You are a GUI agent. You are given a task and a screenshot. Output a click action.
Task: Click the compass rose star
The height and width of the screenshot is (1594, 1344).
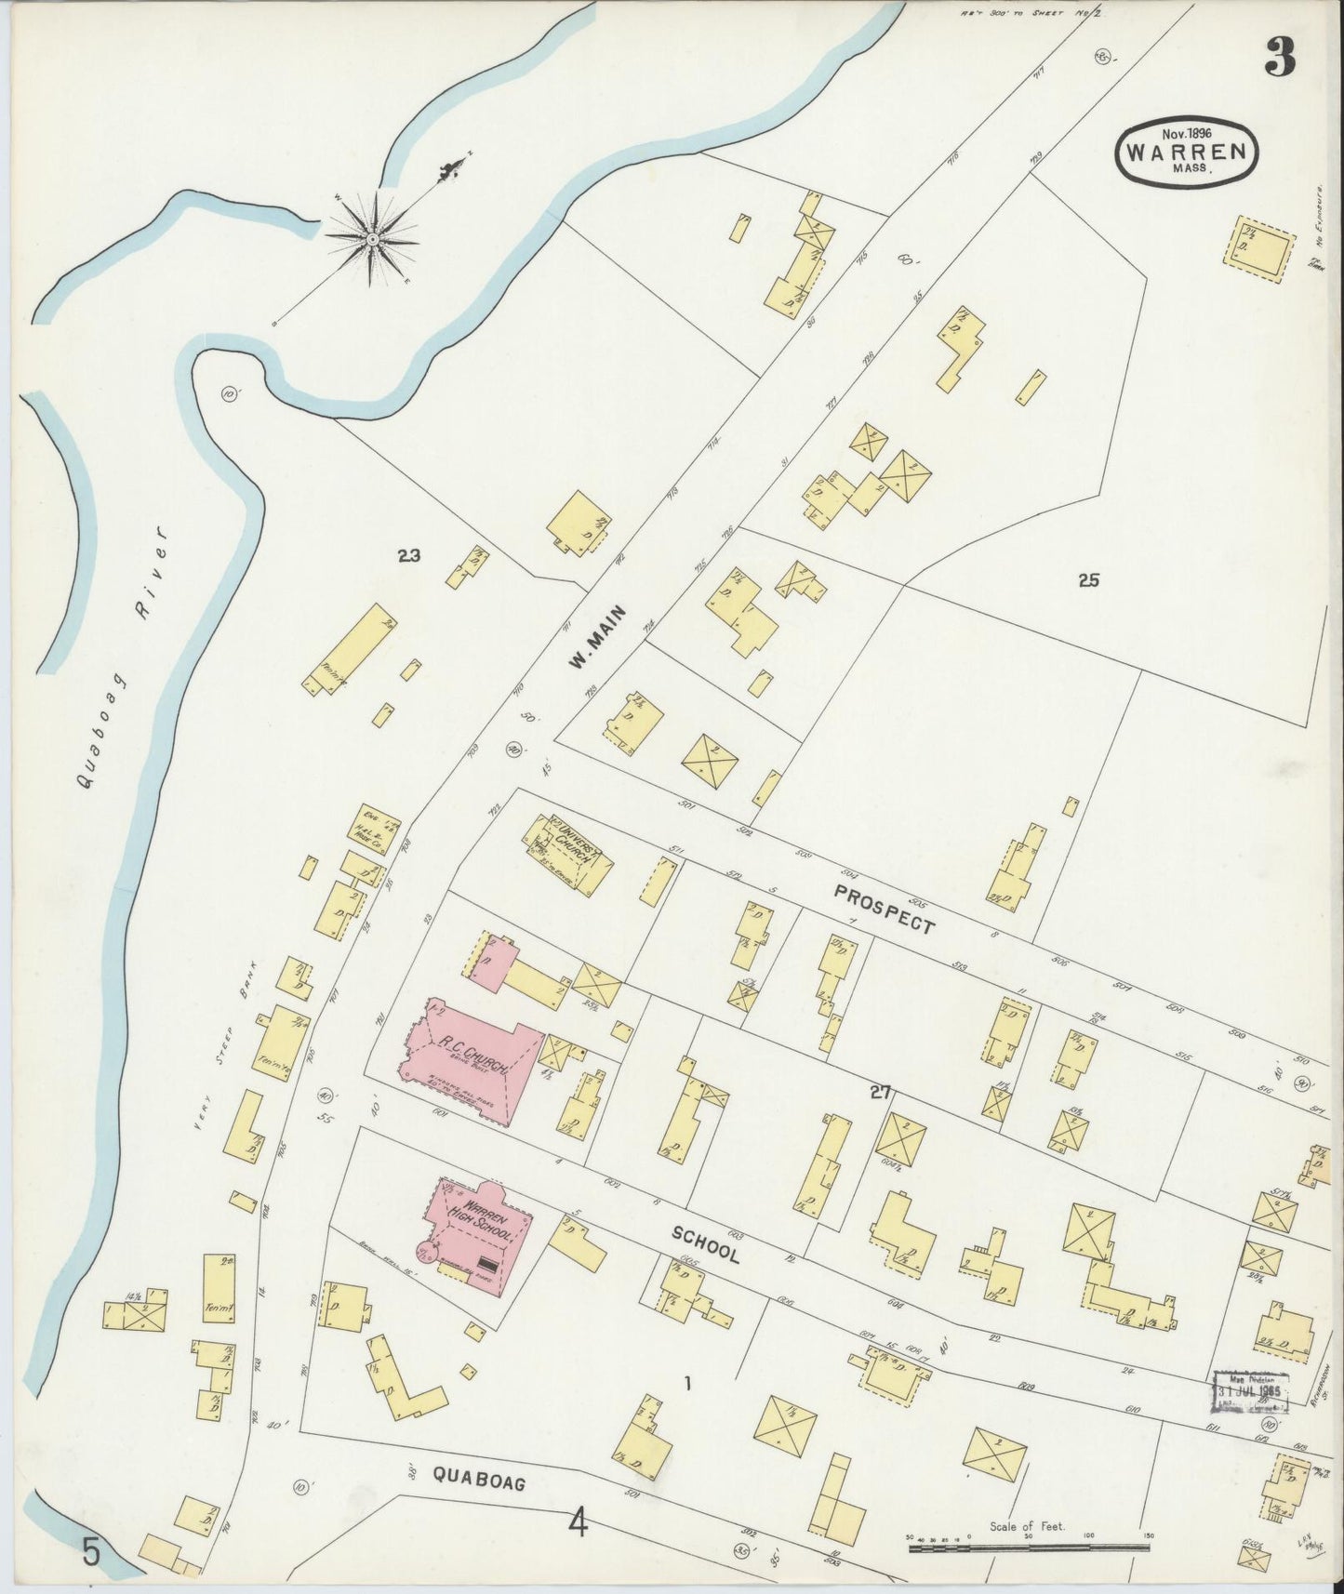372,239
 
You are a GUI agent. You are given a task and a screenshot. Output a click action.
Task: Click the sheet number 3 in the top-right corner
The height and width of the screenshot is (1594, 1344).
1280,60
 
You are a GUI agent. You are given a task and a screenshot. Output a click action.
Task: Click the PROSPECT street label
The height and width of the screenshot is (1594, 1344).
884,909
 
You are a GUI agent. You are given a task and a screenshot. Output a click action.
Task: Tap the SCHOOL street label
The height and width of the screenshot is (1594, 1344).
706,1242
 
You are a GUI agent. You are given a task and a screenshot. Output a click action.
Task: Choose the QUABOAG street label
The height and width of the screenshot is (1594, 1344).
479,1477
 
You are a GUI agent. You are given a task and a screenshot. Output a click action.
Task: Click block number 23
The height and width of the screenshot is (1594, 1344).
408,556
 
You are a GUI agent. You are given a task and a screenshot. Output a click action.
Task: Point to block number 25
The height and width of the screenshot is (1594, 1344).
1089,580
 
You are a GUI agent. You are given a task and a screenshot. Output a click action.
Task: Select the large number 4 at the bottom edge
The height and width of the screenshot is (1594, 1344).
579,1523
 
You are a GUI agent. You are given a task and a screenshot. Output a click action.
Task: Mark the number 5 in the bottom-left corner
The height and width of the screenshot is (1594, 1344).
90,1552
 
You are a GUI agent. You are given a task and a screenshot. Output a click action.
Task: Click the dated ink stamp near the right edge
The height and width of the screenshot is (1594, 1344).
1252,1391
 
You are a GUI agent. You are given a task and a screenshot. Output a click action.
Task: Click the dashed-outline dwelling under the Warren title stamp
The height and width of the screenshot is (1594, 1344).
1265,248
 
